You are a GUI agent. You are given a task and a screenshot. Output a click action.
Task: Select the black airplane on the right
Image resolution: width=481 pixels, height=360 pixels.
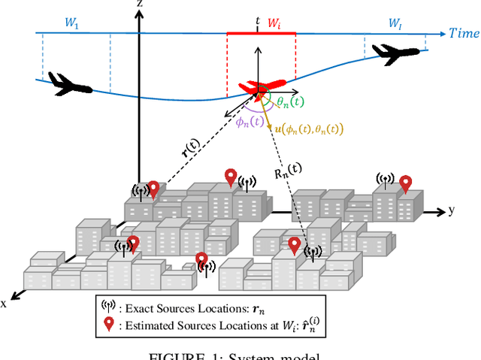pos(395,54)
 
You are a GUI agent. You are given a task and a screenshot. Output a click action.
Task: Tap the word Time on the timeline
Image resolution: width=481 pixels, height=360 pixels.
pos(464,34)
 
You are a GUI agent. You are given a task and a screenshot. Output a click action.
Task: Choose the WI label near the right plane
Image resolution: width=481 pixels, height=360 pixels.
pos(395,24)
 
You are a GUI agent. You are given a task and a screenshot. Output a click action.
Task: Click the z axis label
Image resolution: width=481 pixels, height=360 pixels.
pos(140,5)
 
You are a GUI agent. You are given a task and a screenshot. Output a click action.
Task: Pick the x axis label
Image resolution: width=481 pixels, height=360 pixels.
pos(5,303)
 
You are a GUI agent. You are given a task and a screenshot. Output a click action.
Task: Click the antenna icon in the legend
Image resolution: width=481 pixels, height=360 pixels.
pos(109,307)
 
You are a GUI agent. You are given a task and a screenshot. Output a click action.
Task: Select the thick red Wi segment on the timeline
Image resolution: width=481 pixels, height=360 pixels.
pos(261,34)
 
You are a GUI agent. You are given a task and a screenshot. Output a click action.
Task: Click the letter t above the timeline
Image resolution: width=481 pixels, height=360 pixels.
pos(257,22)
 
